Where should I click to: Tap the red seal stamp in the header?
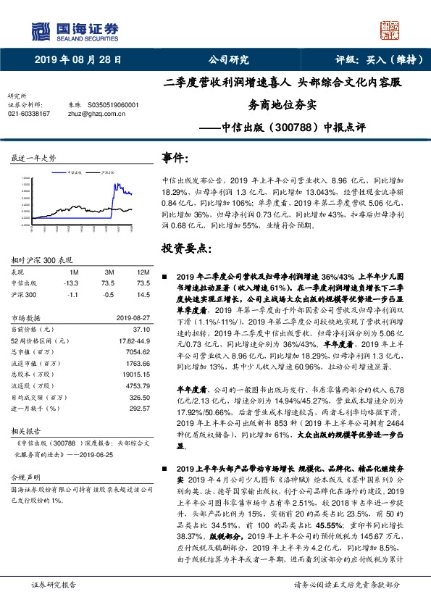point(390,30)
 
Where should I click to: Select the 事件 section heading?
point(177,159)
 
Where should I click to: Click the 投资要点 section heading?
point(186,249)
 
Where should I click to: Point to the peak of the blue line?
point(114,185)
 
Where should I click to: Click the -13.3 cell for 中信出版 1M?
point(70,283)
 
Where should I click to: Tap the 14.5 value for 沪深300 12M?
point(143,295)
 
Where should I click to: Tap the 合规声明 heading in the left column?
point(23,479)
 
